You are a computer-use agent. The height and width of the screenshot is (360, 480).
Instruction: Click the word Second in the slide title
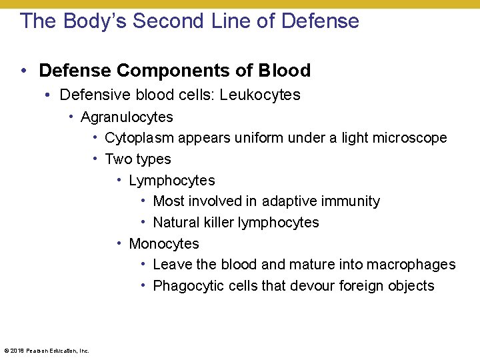coord(167,21)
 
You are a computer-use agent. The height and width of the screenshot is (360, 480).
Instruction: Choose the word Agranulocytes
coord(127,117)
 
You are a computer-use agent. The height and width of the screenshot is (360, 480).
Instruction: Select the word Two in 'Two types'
coord(118,159)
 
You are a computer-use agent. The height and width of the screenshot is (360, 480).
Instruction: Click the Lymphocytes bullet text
coord(172,181)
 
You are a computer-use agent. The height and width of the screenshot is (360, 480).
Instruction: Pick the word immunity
coord(353,201)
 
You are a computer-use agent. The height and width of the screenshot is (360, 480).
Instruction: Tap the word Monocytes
coord(164,244)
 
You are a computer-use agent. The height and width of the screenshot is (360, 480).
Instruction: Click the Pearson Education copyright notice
coord(47,351)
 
